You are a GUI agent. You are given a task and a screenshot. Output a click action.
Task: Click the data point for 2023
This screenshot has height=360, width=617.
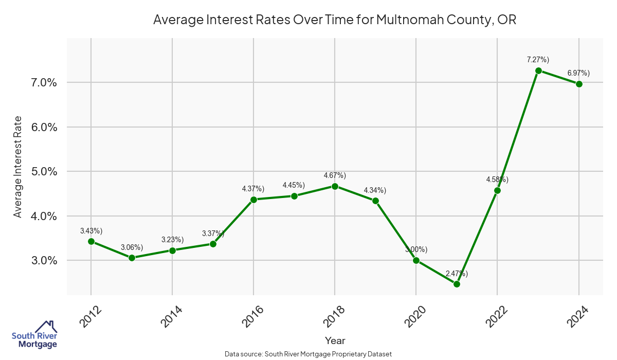pyautogui.click(x=538, y=70)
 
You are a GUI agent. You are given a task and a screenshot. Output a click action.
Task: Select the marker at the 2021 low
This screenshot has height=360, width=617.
pyautogui.click(x=457, y=284)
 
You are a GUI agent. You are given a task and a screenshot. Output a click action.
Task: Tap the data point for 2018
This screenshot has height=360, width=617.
pyautogui.click(x=335, y=186)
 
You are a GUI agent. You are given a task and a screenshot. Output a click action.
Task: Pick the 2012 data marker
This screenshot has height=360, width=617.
pyautogui.click(x=91, y=241)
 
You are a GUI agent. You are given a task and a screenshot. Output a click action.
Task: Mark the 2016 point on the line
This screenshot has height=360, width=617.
pyautogui.click(x=253, y=200)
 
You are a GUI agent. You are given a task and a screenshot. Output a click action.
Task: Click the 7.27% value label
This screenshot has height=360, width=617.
pyautogui.click(x=538, y=60)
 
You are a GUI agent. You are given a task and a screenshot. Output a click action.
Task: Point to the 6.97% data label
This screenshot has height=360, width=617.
pyautogui.click(x=578, y=73)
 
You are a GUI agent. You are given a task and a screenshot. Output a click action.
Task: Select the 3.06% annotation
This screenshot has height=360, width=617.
pyautogui.click(x=132, y=247)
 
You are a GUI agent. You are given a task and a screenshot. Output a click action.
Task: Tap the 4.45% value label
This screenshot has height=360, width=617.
pyautogui.click(x=294, y=185)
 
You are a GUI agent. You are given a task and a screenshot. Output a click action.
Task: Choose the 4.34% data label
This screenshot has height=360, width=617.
pyautogui.click(x=375, y=190)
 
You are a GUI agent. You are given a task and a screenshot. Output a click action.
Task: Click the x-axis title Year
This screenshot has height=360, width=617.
pyautogui.click(x=335, y=340)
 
